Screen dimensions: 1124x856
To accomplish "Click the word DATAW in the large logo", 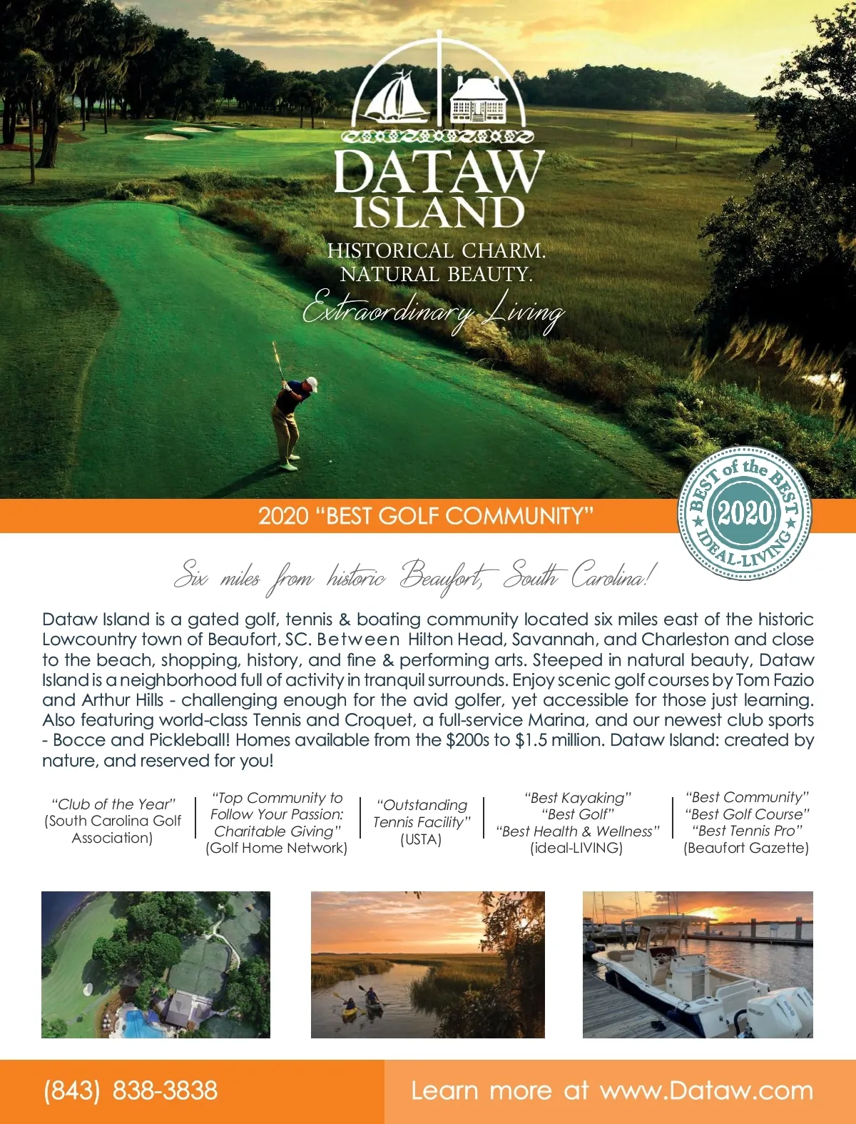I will point(439,171).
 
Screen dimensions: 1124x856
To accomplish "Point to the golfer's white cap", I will point(311,383).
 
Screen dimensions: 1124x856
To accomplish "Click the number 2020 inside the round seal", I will point(744,513).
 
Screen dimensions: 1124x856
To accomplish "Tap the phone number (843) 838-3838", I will point(131,1090).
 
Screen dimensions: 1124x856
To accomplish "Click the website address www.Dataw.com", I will point(706,1090).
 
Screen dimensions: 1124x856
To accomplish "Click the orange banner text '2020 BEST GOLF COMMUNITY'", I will point(426,515).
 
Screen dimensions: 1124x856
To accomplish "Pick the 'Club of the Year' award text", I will point(113,804).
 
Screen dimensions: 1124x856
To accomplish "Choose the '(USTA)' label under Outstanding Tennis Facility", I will point(421,839).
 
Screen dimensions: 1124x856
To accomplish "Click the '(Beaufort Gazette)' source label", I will point(746,848).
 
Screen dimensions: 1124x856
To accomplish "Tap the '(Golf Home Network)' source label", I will point(277,848).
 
